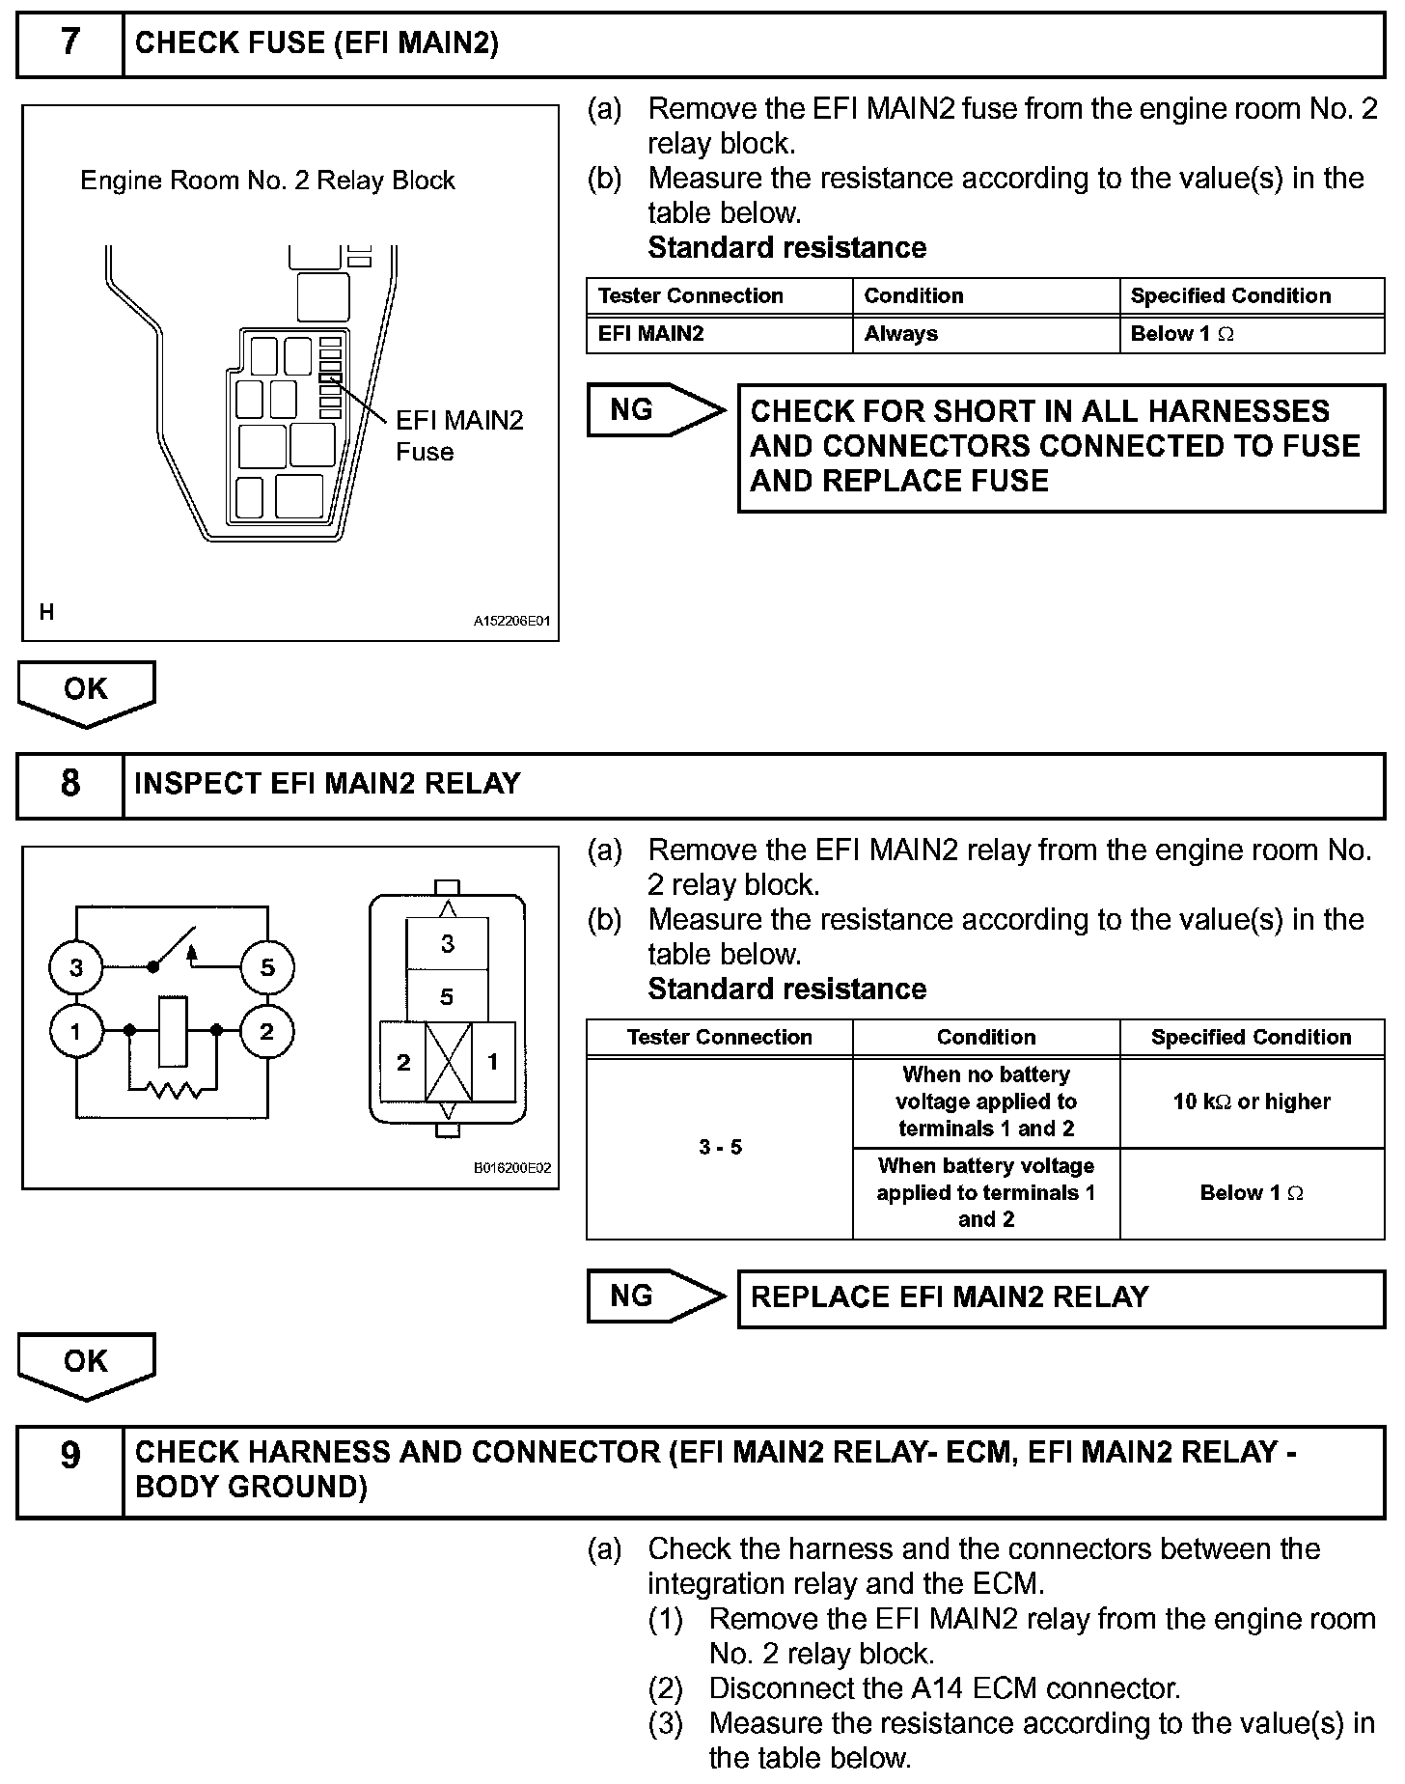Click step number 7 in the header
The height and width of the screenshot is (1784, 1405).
[x=70, y=43]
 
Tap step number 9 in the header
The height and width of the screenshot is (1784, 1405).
[x=70, y=1455]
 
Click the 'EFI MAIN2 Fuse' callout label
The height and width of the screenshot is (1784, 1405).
[x=459, y=435]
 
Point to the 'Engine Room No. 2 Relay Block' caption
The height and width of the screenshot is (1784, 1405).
[x=267, y=181]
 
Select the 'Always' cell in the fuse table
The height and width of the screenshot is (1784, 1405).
[x=901, y=334]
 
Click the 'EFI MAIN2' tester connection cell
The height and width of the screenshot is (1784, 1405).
[x=651, y=334]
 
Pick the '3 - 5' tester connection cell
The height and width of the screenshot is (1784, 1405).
[x=720, y=1148]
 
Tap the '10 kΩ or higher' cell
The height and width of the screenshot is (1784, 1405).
[x=1252, y=1101]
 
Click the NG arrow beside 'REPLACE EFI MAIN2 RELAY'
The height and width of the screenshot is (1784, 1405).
[x=654, y=1296]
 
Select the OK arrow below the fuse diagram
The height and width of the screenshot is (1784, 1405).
[x=86, y=692]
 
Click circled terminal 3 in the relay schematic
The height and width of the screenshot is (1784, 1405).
[x=76, y=967]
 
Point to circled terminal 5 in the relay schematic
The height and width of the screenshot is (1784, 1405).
[x=267, y=967]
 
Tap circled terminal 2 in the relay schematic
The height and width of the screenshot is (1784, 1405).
[x=267, y=1032]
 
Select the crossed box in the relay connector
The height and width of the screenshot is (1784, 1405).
[x=448, y=1062]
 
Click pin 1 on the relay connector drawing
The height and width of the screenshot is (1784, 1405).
[x=493, y=1062]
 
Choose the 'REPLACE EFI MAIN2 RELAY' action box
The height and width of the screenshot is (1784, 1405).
[x=1061, y=1297]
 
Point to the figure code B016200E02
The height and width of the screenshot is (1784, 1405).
[x=511, y=1168]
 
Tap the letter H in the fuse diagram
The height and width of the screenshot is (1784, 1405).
[x=46, y=612]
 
